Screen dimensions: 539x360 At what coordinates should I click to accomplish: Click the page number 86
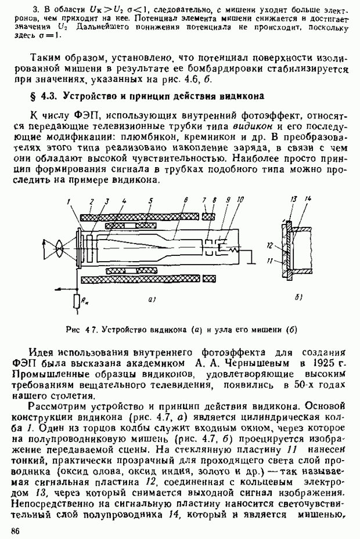coord(15,530)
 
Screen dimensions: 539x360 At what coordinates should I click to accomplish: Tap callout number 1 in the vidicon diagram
coord(69,201)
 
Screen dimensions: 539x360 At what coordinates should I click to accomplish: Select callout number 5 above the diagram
coord(150,201)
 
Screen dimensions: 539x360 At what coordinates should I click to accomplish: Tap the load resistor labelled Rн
coord(77,301)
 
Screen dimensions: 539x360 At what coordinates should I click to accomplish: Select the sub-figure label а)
coord(150,299)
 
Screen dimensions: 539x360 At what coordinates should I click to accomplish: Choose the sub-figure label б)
coord(298,299)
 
